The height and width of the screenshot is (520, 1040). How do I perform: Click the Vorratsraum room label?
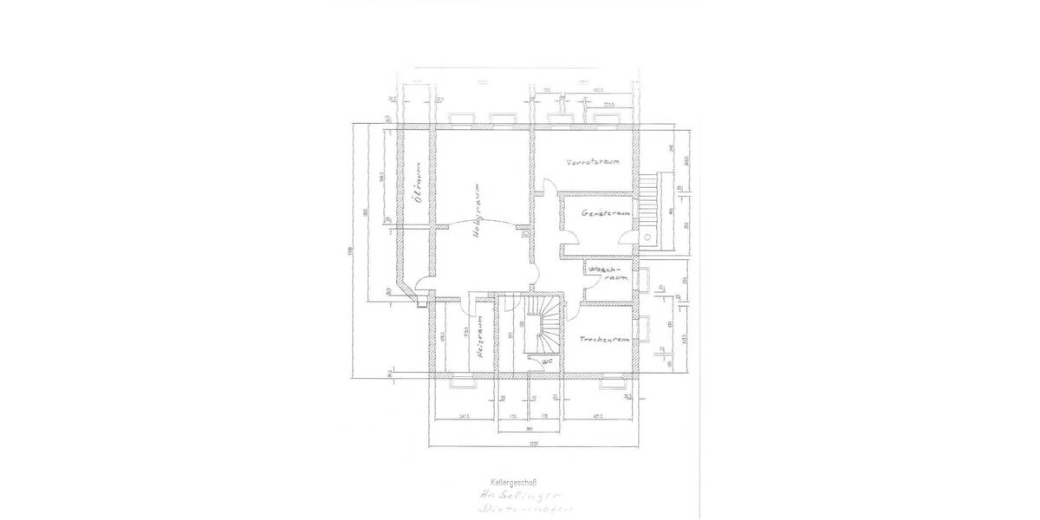[592, 162]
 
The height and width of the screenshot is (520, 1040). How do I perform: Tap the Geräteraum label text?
[603, 212]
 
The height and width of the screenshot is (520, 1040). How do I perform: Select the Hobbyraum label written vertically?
[476, 211]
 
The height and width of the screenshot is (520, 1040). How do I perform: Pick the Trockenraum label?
[604, 340]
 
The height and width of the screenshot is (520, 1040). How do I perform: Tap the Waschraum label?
[607, 275]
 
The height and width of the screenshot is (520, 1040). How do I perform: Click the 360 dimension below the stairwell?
[529, 427]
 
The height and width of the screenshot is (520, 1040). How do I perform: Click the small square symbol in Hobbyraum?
[525, 231]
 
